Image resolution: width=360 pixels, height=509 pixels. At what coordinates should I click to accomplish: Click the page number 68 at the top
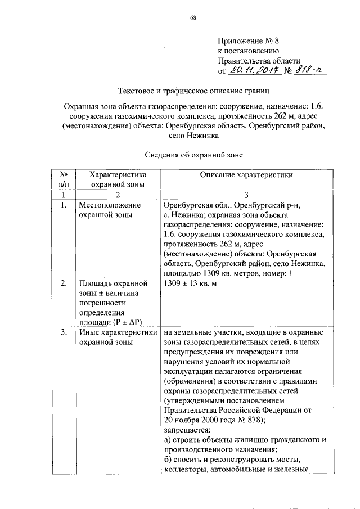tap(193, 18)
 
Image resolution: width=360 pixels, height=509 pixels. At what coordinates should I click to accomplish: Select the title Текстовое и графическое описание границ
tap(194, 91)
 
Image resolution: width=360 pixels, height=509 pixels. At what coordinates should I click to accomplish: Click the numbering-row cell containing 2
tap(118, 195)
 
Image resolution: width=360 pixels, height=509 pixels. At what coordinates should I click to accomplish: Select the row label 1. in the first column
tap(64, 205)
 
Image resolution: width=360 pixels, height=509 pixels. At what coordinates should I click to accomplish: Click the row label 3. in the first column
tap(64, 332)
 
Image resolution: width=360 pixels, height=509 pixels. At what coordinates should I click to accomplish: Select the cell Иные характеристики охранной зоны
tap(118, 337)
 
